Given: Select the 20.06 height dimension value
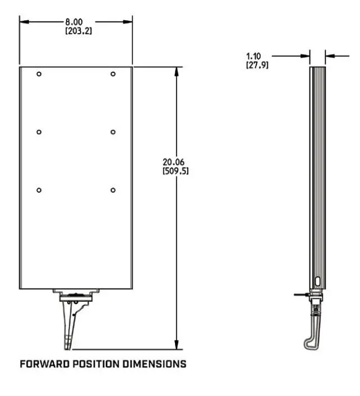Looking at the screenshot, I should click(174, 162).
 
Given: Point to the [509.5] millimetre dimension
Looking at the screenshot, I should click(175, 171).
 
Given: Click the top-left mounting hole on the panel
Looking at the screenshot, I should click(39, 74).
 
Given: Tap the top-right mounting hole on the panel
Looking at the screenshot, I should click(113, 74).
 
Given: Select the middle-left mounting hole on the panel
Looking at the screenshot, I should click(39, 132).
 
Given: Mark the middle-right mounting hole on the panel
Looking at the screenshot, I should click(113, 132).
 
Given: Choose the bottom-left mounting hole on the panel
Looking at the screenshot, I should click(39, 190).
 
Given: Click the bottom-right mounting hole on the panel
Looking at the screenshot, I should click(113, 190).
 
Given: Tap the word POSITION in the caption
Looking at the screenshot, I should click(93, 364).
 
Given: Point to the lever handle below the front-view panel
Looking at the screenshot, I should click(70, 325).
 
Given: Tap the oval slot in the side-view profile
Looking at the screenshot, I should click(317, 281).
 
